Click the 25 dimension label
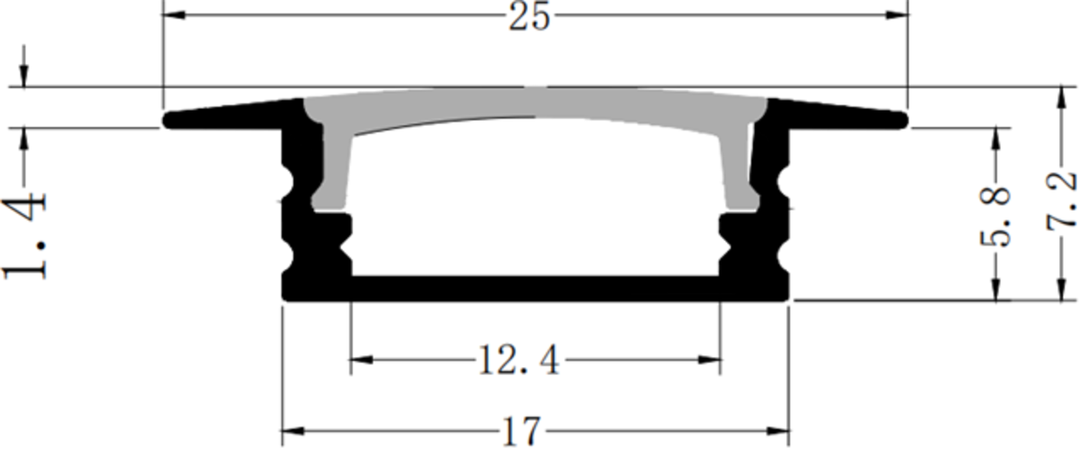click(529, 18)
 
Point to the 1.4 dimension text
click(25, 233)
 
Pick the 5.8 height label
click(994, 215)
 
